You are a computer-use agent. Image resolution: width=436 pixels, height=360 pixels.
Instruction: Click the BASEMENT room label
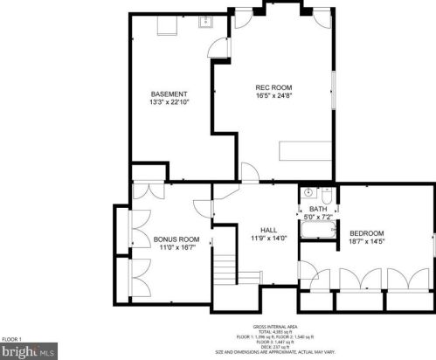point(168,93)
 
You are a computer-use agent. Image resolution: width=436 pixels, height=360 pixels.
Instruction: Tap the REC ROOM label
point(272,87)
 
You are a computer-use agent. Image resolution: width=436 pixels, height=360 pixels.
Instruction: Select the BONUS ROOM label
point(176,239)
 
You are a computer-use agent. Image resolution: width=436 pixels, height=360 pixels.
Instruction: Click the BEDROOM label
point(367,233)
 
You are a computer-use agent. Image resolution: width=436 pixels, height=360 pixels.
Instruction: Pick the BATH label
point(317,209)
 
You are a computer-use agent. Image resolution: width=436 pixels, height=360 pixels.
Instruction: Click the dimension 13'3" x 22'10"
point(168,102)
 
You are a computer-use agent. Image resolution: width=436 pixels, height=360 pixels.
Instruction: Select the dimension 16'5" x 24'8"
point(272,96)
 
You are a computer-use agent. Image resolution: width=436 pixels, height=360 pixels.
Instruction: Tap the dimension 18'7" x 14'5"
point(367,242)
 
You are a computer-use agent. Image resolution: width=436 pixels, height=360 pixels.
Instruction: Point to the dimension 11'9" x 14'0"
point(257,237)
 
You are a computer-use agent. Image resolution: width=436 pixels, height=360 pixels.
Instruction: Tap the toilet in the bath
point(325,193)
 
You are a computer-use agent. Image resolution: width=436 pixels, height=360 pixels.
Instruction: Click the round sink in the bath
point(308,192)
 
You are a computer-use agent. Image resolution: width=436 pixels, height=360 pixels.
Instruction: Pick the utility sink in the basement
point(207,23)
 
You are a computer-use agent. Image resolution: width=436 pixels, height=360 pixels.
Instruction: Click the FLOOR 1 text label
point(11,338)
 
